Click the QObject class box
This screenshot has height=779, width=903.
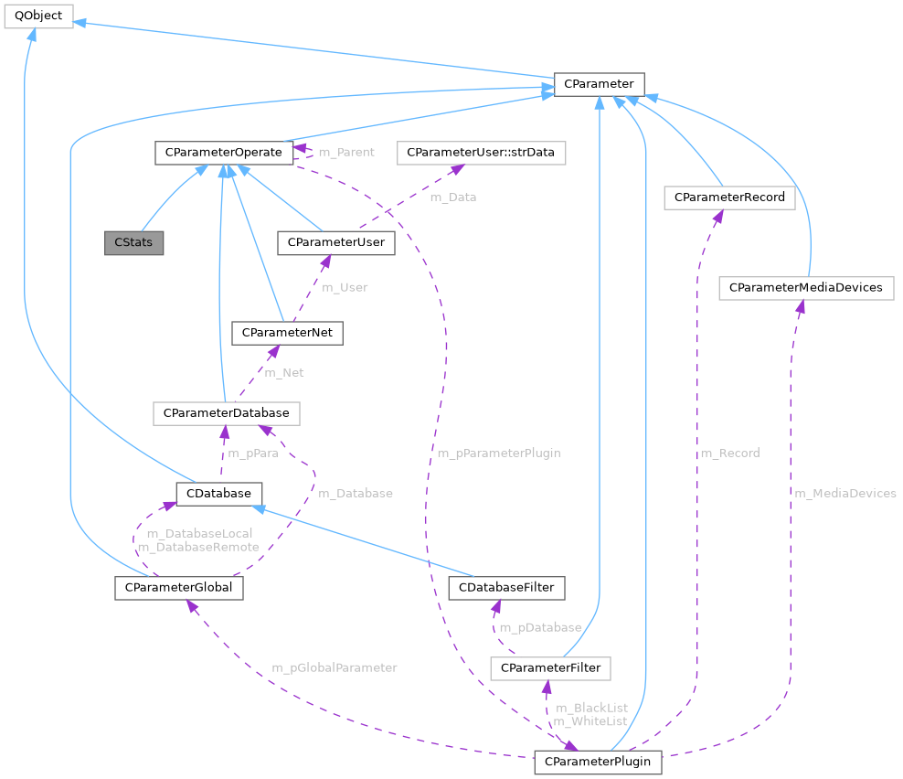click(x=38, y=16)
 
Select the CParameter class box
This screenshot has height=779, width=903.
click(x=599, y=84)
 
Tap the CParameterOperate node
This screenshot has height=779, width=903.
click(x=223, y=153)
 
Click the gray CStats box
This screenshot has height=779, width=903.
click(x=134, y=243)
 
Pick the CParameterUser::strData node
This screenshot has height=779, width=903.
click(x=481, y=153)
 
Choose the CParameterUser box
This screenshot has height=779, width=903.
click(x=335, y=242)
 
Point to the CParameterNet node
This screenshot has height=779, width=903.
click(x=287, y=333)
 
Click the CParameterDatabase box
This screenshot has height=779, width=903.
click(x=226, y=413)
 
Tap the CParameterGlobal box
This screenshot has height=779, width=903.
click(x=178, y=587)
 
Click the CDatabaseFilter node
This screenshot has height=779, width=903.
click(x=507, y=586)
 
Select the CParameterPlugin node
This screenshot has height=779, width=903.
click(x=598, y=762)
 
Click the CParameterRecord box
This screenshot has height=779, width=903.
click(x=729, y=197)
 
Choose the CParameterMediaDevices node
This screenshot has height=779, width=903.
click(x=805, y=287)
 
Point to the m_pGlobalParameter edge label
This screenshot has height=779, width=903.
click(x=334, y=667)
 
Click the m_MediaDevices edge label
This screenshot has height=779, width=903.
click(x=845, y=493)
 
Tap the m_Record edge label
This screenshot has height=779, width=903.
click(x=729, y=453)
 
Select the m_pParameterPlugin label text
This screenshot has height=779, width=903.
click(x=498, y=453)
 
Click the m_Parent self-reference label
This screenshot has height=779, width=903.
click(x=345, y=152)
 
